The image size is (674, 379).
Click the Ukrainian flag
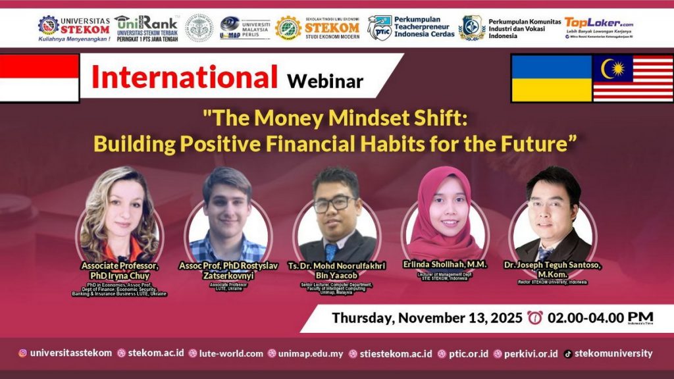[x=552, y=78]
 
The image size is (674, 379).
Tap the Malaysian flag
[x=633, y=78]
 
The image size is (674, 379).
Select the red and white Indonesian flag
[x=39, y=78]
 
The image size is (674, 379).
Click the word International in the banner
[x=184, y=78]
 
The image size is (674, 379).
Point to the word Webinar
[x=324, y=81]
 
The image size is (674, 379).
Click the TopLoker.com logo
[x=599, y=28]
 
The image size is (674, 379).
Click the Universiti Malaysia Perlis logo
[x=245, y=28]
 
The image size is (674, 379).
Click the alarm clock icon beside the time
[x=534, y=318]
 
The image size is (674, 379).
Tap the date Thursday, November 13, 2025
[x=427, y=318]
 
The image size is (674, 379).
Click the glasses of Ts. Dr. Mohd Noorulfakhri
[x=334, y=204]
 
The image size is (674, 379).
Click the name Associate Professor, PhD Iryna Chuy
[x=120, y=270]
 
